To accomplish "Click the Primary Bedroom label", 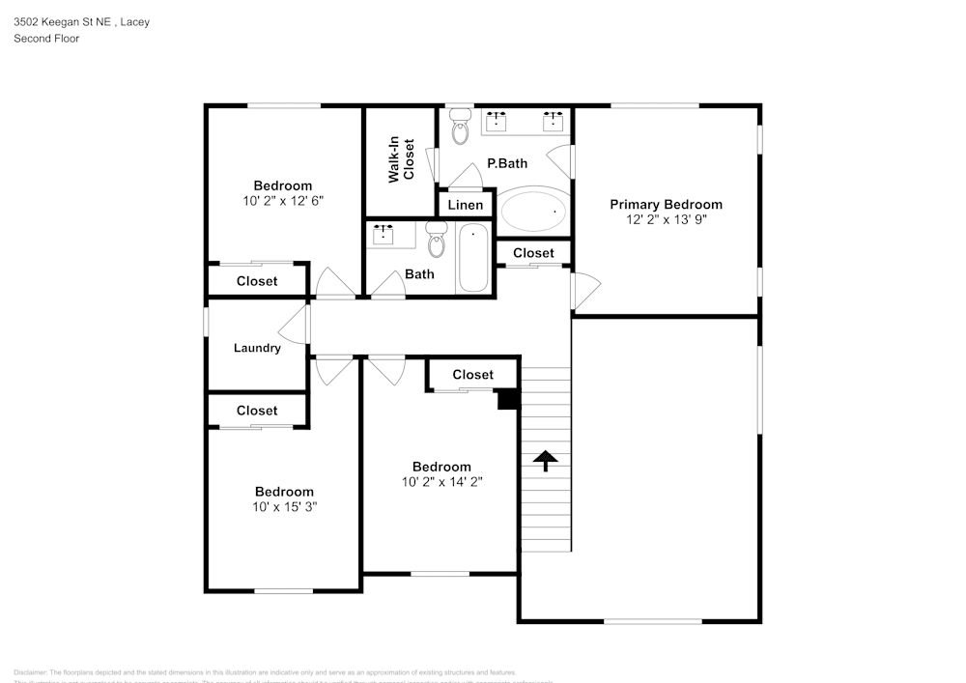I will point(666,204).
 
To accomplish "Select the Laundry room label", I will point(257,348).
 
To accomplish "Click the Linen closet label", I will point(466,206).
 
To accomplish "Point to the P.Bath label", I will point(506,163).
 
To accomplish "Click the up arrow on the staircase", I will point(546,461).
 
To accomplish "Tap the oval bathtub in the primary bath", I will point(533,210).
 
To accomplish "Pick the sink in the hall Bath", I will point(385,233).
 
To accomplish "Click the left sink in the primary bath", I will point(497,121).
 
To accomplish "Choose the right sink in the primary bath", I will point(554,121).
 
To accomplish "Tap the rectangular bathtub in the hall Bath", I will point(473,258).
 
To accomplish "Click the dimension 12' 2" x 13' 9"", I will point(666,219).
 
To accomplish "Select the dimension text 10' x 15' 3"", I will point(284,507).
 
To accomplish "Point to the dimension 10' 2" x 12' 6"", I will point(283,201).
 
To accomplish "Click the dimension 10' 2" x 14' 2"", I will point(441,482).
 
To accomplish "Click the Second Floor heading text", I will point(46,39).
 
